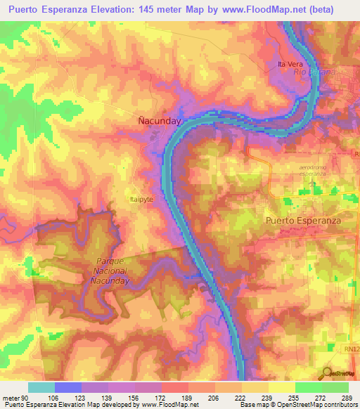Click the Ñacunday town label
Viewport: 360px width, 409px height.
(x=158, y=121)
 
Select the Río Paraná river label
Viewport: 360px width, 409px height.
(x=311, y=72)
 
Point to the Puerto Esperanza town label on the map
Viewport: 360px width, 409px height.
(x=303, y=220)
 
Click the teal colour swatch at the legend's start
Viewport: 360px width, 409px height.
(x=41, y=388)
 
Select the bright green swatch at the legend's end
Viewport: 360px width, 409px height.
(x=335, y=388)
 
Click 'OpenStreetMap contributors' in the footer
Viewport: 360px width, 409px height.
(x=316, y=404)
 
